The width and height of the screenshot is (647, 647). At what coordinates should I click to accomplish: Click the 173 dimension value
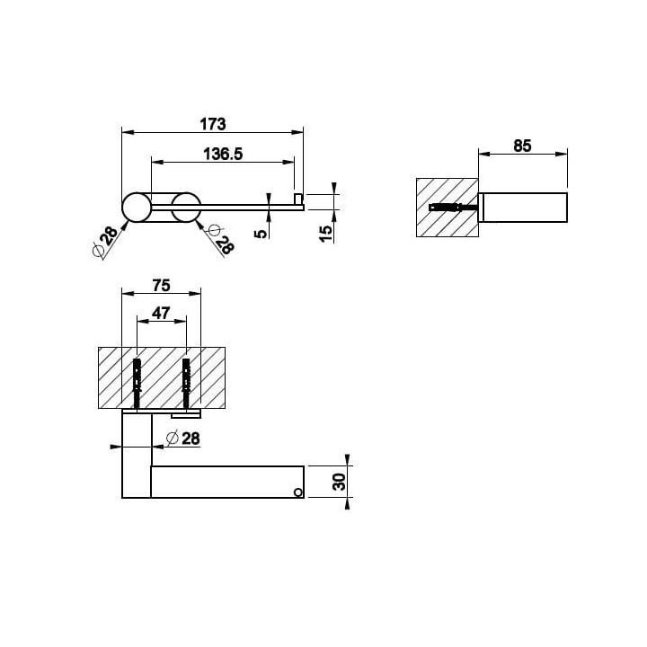pos(212,124)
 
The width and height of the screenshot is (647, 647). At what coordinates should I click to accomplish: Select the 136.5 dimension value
pos(223,154)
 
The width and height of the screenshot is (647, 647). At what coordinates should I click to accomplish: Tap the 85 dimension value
pos(522,146)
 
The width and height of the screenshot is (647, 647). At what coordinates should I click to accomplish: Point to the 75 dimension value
pos(161,285)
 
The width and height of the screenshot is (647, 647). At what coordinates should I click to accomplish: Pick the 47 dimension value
pos(161,314)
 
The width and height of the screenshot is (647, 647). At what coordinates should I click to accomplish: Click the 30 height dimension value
pos(339,482)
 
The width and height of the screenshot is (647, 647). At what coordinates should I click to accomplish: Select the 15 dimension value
pos(325,234)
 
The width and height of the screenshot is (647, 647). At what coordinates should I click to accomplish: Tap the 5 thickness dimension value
pos(261,234)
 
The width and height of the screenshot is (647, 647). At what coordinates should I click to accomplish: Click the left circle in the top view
pos(137,208)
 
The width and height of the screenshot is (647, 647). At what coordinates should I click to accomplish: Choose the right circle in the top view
pos(186,208)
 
